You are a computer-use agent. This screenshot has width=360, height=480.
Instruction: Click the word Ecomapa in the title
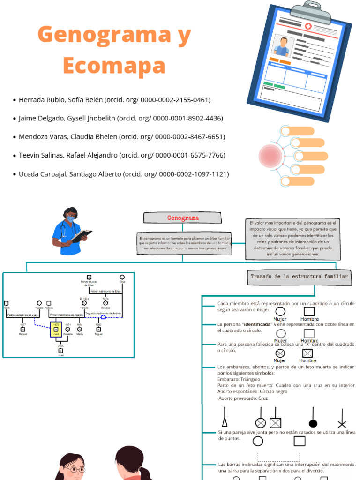114,66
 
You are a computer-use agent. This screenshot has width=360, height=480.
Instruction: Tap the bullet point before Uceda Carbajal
15,174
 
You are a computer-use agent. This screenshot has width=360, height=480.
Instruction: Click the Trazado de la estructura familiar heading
299,277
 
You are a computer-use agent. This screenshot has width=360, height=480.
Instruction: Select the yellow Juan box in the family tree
56,329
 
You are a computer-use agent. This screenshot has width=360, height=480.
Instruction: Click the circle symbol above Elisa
122,277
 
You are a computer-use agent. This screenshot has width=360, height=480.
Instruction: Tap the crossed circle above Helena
84,303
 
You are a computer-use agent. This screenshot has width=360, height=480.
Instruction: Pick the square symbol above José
60,350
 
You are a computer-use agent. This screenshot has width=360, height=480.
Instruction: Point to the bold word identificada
257,324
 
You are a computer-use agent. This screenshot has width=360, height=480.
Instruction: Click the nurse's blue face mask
70,218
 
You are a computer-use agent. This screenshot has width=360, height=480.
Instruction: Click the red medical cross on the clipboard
308,26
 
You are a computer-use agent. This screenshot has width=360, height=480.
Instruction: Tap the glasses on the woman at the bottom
75,469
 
